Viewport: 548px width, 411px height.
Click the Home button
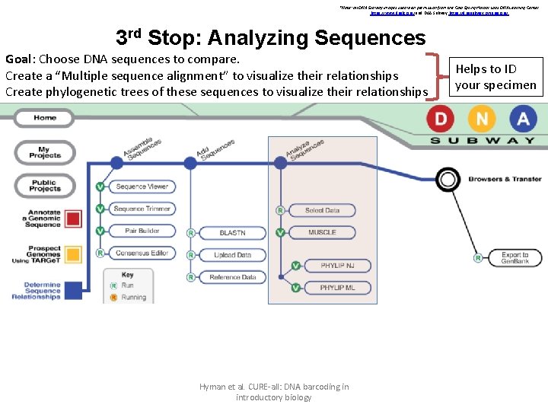(44, 118)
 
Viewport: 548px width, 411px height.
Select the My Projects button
(44, 151)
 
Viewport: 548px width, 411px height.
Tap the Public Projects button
(44, 185)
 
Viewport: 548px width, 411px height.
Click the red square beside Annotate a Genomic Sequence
(73, 218)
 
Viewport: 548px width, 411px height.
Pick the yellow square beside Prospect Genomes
(73, 254)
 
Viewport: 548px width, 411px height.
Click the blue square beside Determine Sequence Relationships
(73, 291)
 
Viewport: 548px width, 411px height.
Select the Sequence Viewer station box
(141, 186)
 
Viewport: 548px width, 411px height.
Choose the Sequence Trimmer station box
(141, 209)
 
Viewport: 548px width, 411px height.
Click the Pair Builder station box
(141, 231)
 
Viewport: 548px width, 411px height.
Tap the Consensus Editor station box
(141, 253)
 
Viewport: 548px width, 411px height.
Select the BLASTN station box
(232, 233)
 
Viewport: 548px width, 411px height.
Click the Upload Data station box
(232, 255)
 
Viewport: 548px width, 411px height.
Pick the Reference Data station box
(232, 277)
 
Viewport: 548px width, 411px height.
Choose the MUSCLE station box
(322, 232)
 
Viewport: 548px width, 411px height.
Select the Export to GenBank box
(515, 258)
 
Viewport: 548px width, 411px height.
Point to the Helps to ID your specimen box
(495, 78)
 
